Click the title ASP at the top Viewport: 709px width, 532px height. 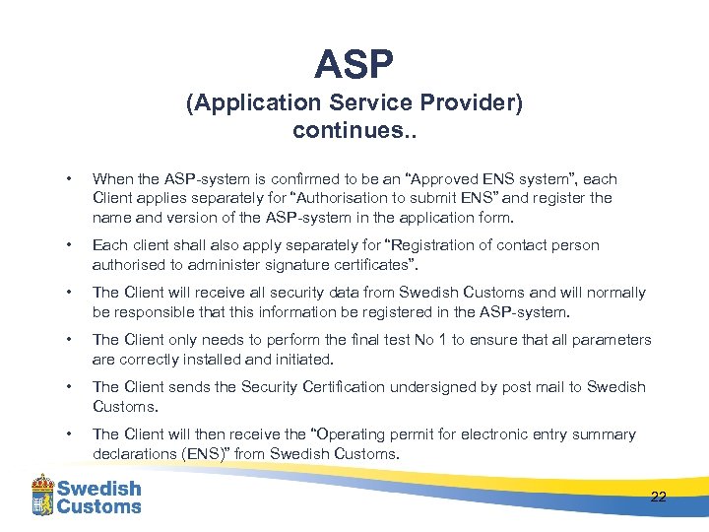(x=354, y=65)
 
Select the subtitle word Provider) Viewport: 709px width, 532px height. (x=472, y=103)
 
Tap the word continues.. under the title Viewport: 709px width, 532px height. (x=354, y=130)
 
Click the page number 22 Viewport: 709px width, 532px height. (x=658, y=497)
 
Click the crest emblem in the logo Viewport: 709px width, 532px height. (x=41, y=495)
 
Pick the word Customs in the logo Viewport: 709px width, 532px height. (x=98, y=506)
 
